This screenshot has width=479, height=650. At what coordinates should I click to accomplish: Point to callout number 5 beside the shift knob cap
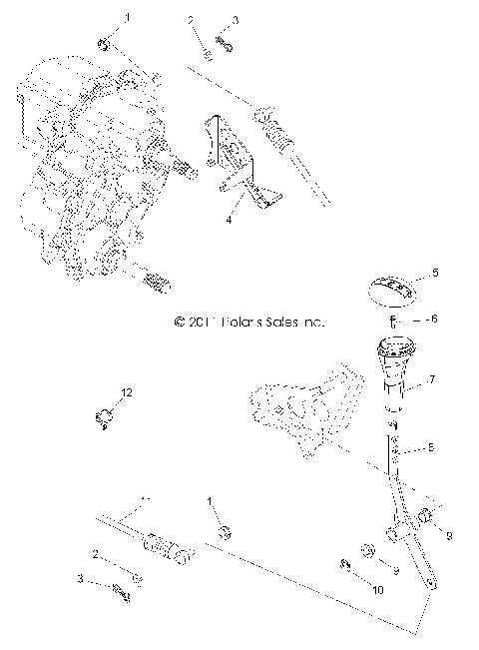[433, 272]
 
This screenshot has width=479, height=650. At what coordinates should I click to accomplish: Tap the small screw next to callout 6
[394, 321]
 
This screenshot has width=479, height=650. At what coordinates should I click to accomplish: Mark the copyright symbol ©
[180, 323]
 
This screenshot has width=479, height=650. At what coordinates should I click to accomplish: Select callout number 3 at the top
[235, 20]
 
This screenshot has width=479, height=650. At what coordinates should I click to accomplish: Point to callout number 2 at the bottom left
[96, 555]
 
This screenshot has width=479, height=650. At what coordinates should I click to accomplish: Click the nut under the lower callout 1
[225, 530]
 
